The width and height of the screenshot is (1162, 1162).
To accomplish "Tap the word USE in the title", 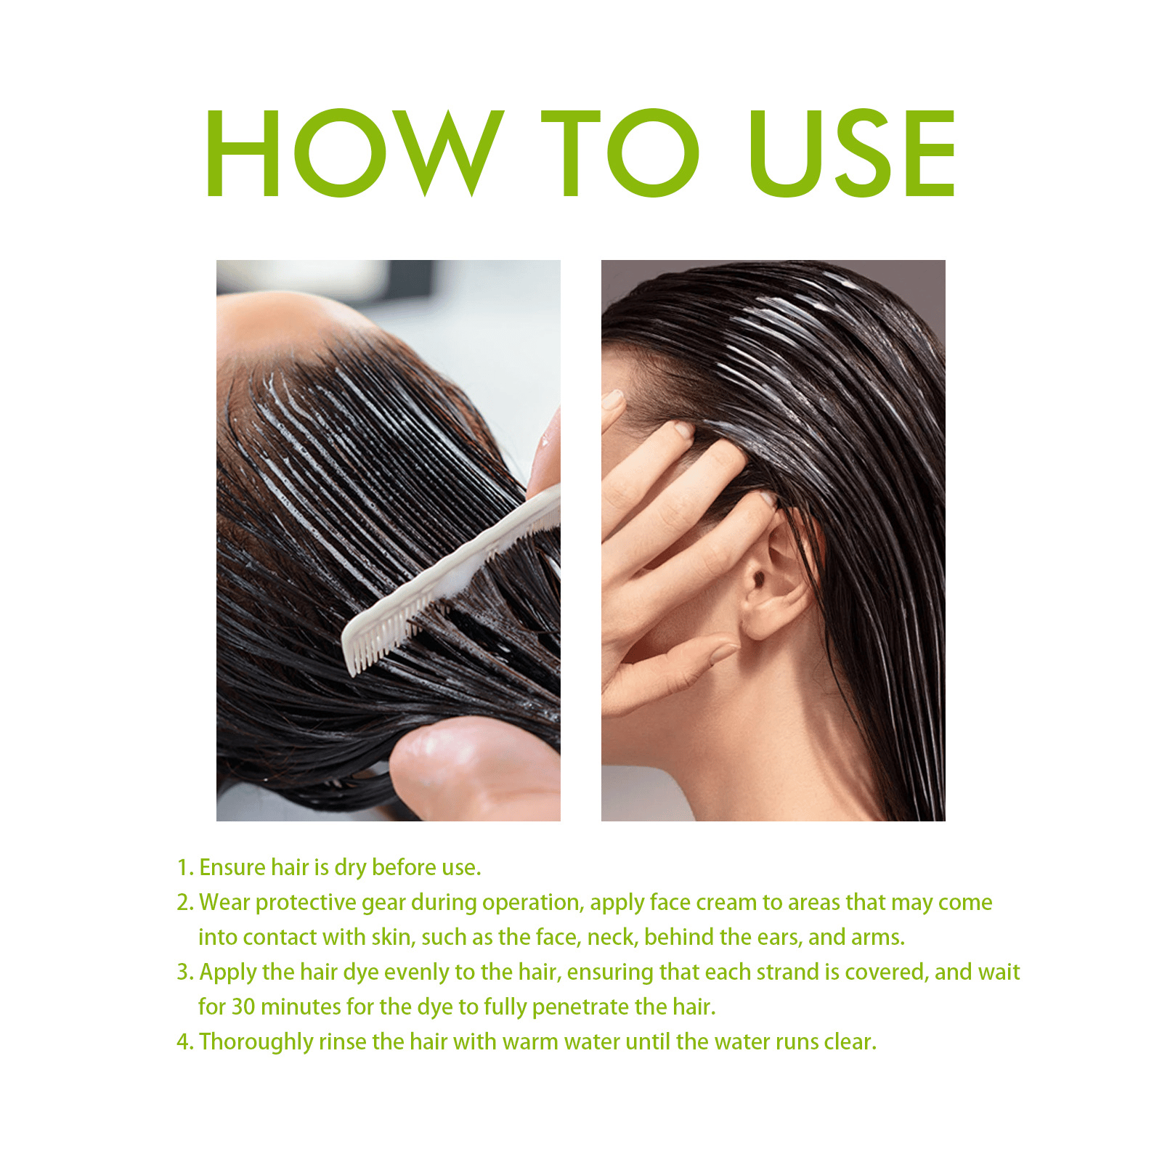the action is tap(852, 153).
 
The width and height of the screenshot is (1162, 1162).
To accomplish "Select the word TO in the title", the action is tap(621, 153).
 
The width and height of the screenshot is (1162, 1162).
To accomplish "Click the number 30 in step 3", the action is tap(243, 1007).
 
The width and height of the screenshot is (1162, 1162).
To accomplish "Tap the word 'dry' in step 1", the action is tap(350, 869).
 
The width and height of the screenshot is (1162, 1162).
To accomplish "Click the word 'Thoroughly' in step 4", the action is tap(256, 1042).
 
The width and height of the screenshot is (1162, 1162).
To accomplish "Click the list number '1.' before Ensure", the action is tap(185, 868).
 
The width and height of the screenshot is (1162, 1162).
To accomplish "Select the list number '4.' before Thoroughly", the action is tap(185, 1042).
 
